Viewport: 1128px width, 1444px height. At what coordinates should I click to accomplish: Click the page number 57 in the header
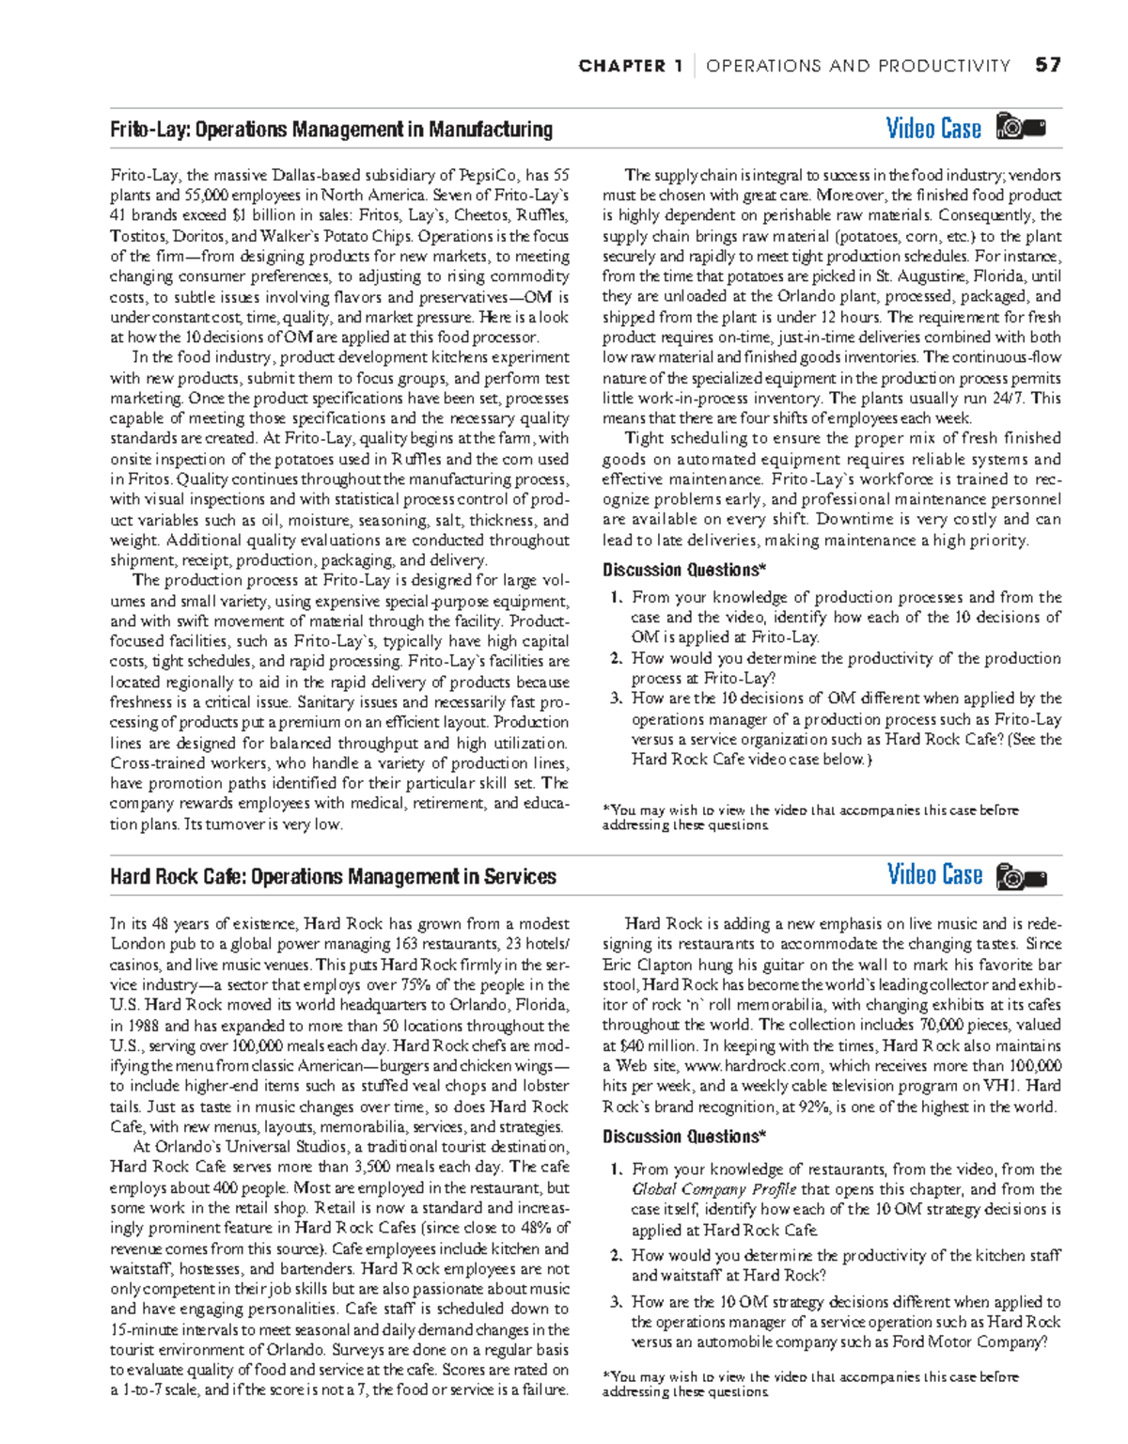(1047, 65)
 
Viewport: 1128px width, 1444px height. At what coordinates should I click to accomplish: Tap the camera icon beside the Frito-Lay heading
(1021, 127)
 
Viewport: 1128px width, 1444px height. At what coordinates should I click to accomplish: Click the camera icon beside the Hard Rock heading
(1021, 876)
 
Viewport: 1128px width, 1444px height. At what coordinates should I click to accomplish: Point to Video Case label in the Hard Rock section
(934, 875)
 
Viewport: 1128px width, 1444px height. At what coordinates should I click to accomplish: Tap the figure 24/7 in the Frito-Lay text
(1012, 398)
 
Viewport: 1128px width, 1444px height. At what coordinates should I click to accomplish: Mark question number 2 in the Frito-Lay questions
(616, 658)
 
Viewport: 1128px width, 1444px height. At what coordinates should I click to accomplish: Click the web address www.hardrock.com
(752, 1066)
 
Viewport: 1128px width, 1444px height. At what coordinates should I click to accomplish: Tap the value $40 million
(659, 1045)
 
